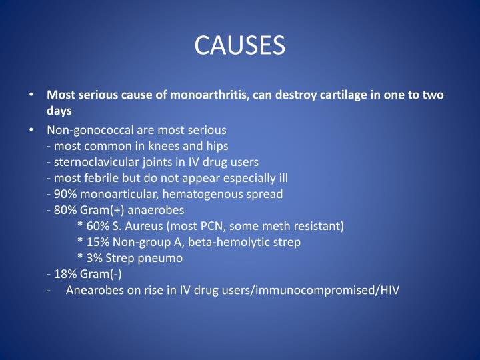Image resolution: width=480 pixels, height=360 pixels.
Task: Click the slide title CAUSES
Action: tap(239, 45)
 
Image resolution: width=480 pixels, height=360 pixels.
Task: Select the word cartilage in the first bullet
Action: tap(334, 95)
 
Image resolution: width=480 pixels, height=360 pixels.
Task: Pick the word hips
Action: tap(217, 145)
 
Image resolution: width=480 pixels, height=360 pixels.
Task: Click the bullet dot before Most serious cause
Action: tap(33, 95)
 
